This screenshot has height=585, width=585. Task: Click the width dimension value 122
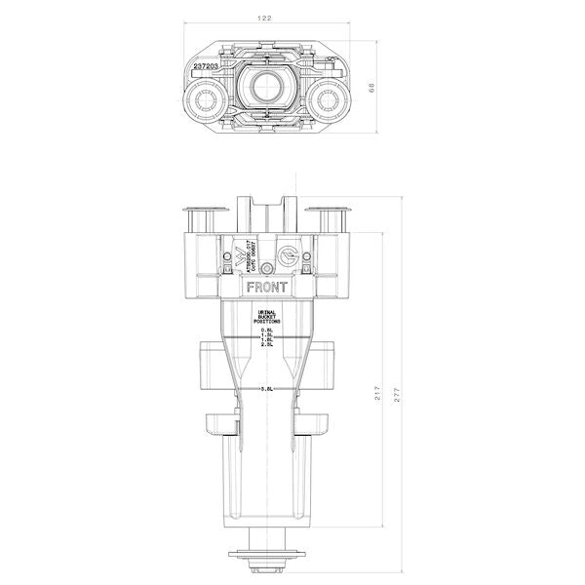[265, 19]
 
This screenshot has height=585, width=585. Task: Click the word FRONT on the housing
[267, 288]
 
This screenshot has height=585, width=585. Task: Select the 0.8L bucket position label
[267, 331]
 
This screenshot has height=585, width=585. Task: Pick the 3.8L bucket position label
[267, 388]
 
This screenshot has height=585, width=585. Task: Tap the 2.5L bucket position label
[267, 344]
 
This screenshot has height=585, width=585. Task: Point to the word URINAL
[267, 313]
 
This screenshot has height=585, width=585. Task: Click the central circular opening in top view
[266, 89]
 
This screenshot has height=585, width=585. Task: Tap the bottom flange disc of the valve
[267, 557]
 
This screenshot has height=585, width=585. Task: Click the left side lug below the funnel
[220, 427]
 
